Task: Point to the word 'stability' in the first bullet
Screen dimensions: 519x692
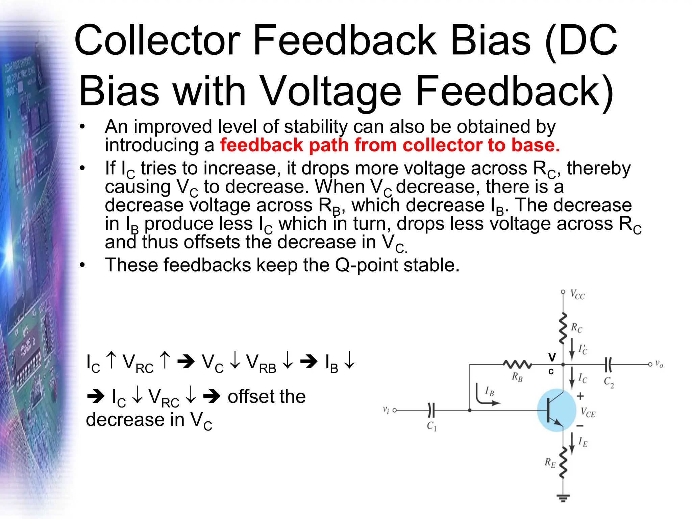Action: tap(316, 127)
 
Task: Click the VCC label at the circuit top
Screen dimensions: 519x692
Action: tap(577, 295)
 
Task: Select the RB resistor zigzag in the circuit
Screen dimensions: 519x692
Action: tap(517, 365)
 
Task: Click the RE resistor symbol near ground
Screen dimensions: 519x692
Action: tap(563, 463)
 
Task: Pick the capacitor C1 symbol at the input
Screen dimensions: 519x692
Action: tap(431, 410)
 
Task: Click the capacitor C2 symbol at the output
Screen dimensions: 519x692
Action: tap(608, 365)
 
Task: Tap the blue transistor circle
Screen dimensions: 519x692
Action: tap(556, 410)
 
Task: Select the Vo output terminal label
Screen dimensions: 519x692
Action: tap(659, 364)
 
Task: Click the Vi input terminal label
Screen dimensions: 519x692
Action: tap(386, 410)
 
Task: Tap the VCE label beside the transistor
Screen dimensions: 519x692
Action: tap(588, 413)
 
